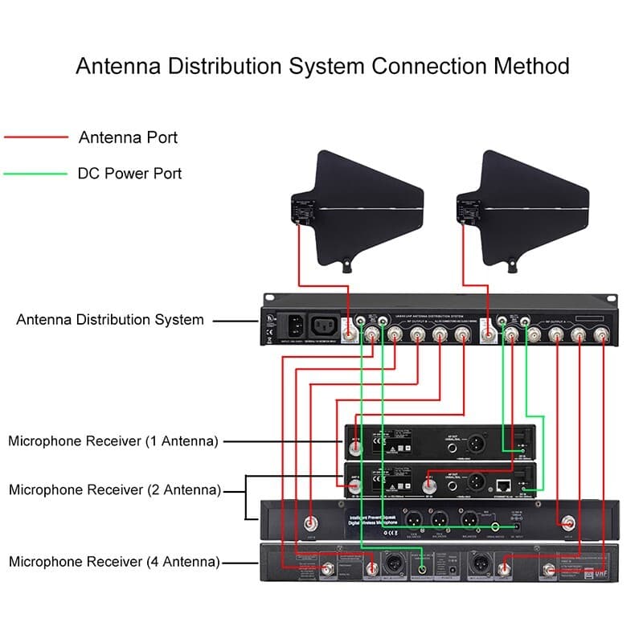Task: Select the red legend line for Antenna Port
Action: [x=36, y=137]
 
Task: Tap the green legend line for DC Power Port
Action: [x=36, y=173]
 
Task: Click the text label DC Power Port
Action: [x=129, y=173]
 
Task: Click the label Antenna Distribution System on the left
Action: [x=110, y=320]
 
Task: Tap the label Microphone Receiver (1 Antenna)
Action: [x=113, y=441]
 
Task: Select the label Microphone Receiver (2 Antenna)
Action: [x=113, y=489]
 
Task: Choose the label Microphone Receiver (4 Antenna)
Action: [x=113, y=562]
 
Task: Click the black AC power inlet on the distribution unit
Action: [x=293, y=326]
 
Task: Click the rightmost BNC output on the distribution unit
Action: [x=600, y=334]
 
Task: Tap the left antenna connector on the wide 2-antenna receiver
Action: [x=311, y=522]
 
